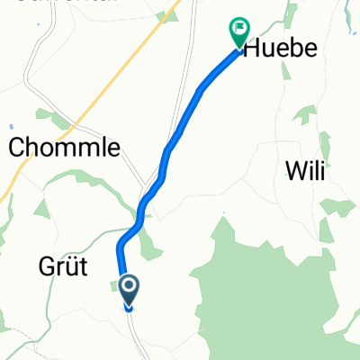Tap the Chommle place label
pos(64,149)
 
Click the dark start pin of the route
pos(129,290)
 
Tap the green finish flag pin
pos(238,32)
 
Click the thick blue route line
pos(180,126)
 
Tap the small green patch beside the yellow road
pos(166,15)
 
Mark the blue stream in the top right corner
pos(347,13)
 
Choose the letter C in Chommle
pos(18,149)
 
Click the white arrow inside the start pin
pos(129,287)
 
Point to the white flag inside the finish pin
pos(238,30)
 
